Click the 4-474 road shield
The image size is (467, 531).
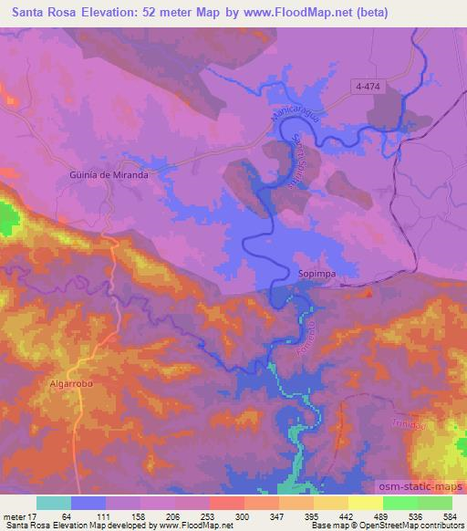tap(370, 85)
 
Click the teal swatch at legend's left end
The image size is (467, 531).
tap(54, 503)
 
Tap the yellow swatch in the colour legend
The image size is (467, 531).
tap(365, 503)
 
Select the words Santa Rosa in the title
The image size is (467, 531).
tap(39, 13)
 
